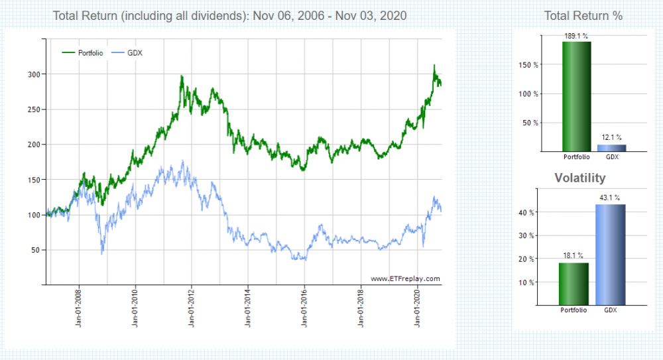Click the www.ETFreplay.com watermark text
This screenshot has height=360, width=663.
[405, 279]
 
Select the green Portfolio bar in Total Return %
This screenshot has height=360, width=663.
[576, 96]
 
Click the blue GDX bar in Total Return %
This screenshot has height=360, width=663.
[612, 148]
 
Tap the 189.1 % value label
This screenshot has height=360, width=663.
[576, 36]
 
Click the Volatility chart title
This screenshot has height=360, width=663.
[580, 178]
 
